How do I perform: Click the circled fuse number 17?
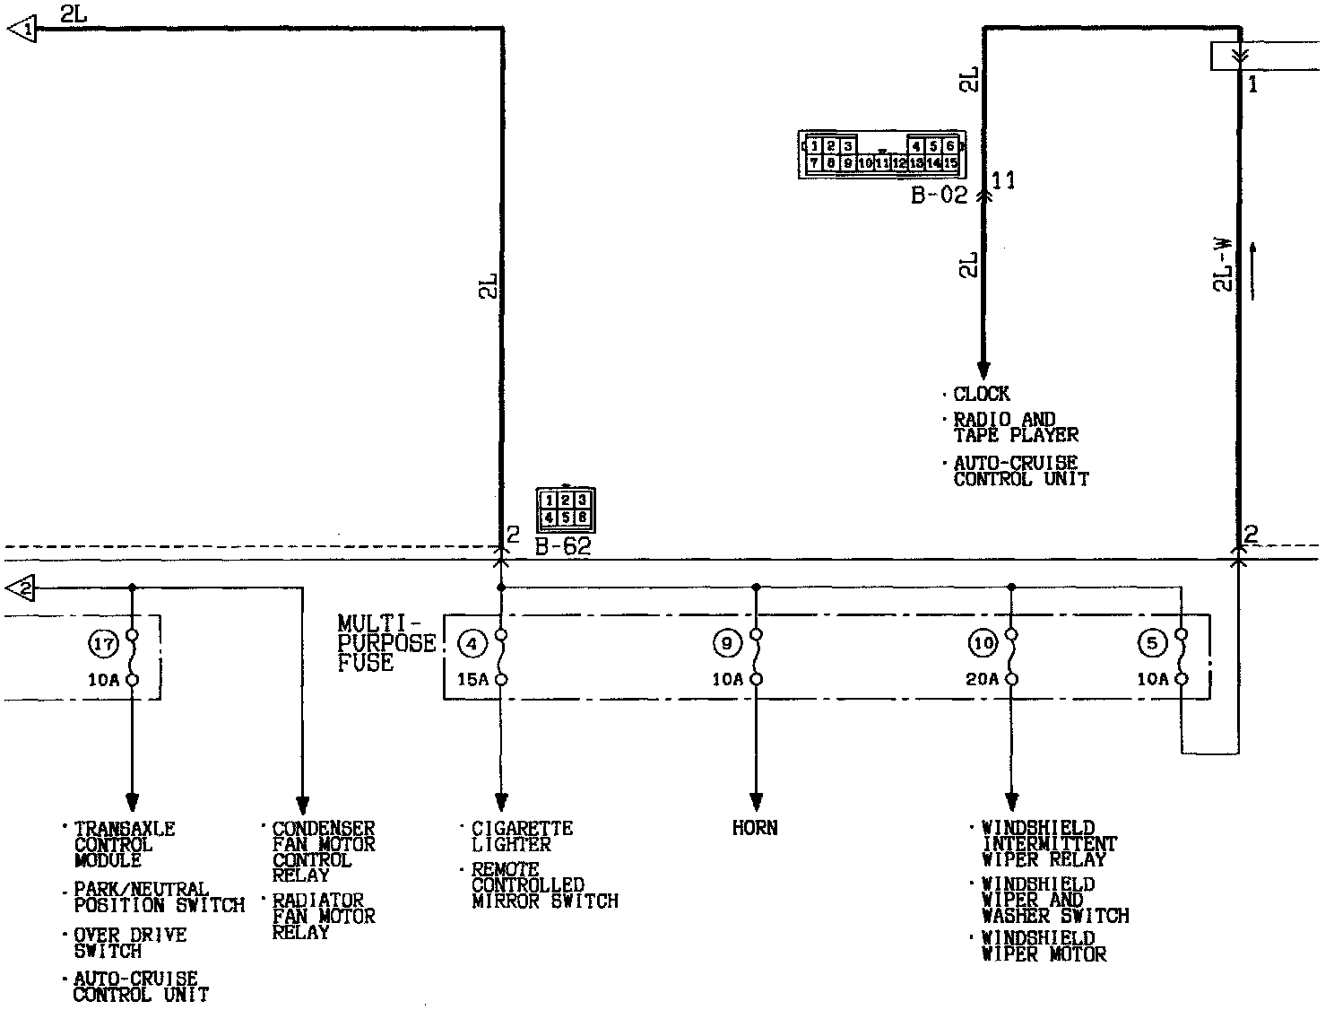pos(104,643)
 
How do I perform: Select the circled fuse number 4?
pos(472,643)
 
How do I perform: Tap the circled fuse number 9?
pos(727,643)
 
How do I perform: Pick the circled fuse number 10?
pos(983,643)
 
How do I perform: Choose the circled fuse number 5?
pos(1152,643)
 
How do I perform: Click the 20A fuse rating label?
pos(982,680)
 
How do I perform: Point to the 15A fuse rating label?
pos(472,680)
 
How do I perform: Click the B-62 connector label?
pos(563,546)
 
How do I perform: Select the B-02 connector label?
pos(939,196)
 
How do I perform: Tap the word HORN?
pos(755,828)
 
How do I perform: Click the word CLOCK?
pos(982,394)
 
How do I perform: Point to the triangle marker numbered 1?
pos(22,30)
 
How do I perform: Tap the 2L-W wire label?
pos(1223,265)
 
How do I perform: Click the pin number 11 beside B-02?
pos(1004,181)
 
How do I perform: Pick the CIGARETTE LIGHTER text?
pos(522,836)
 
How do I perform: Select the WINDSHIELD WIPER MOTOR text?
pos(1044,946)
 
